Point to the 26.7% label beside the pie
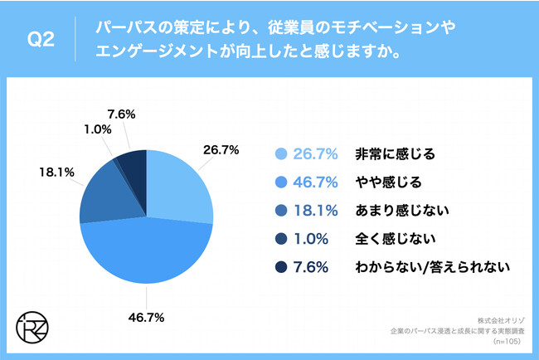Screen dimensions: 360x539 click(x=221, y=150)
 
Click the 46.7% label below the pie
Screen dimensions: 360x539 click(x=146, y=317)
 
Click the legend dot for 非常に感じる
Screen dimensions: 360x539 click(x=280, y=153)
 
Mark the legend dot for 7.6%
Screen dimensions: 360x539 click(x=280, y=267)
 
